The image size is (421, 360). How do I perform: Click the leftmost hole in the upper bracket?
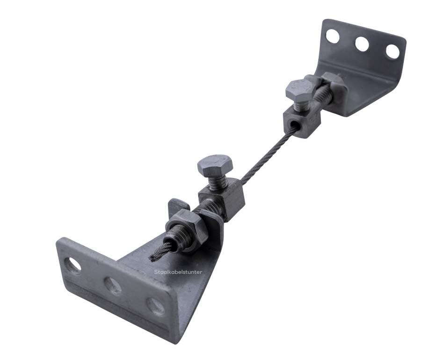[x=333, y=36]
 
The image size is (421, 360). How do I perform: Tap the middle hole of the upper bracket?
[x=362, y=44]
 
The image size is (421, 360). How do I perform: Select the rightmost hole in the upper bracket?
[x=392, y=51]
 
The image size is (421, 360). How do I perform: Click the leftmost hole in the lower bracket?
[x=73, y=265]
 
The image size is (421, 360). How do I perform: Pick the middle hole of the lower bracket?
[x=113, y=286]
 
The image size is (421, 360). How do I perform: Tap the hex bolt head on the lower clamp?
[x=215, y=165]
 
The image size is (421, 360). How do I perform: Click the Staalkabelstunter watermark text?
[x=178, y=272]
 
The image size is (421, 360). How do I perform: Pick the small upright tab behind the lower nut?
[x=176, y=206]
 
